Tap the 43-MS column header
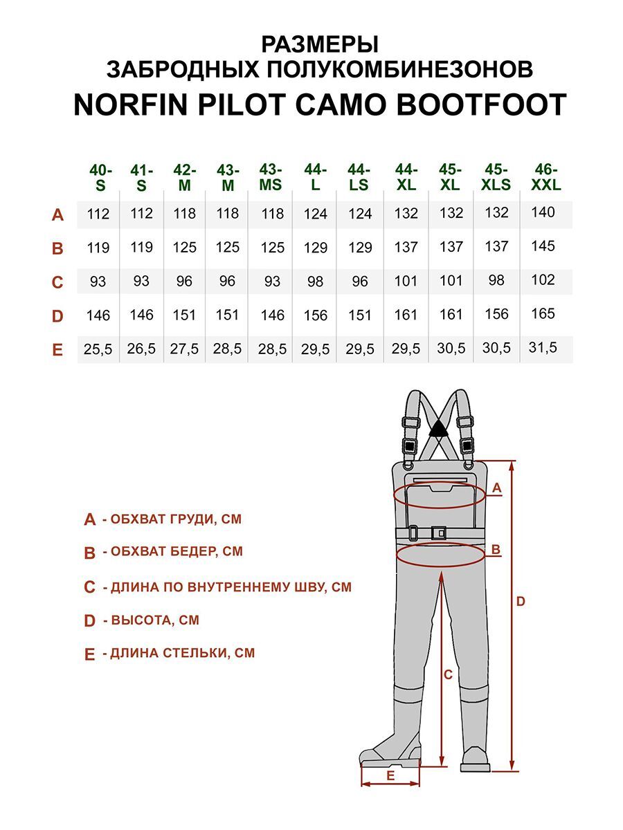271,177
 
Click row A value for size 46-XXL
543,212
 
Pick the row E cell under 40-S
98,350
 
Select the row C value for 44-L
316,282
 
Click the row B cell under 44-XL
406,247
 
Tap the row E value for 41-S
141,349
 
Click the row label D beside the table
57,316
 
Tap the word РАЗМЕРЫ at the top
320,45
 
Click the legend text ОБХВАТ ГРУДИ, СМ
172,519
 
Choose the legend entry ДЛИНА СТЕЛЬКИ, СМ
179,653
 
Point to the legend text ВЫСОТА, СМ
151,620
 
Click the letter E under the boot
390,776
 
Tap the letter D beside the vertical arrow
521,602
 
